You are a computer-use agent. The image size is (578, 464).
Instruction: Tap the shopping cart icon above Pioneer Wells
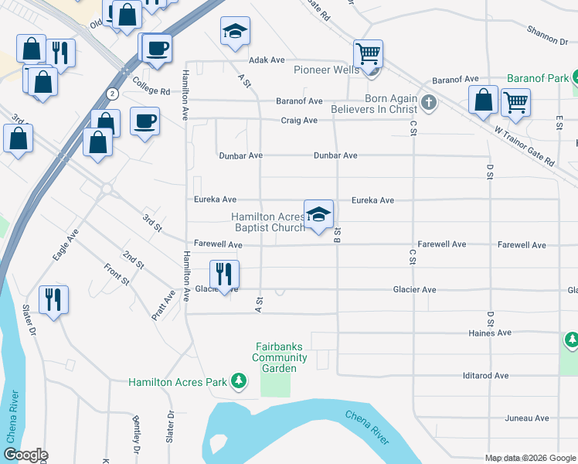coord(369,54)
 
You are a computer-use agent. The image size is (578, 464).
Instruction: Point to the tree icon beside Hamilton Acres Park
coord(240,381)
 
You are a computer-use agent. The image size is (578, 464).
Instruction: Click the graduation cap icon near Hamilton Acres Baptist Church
coord(318,215)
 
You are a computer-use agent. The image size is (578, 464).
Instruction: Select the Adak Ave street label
coord(267,60)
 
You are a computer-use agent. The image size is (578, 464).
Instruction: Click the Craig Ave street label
coord(299,121)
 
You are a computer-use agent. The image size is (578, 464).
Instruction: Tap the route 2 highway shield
coord(113,94)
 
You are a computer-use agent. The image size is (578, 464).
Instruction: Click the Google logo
coord(25,455)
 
